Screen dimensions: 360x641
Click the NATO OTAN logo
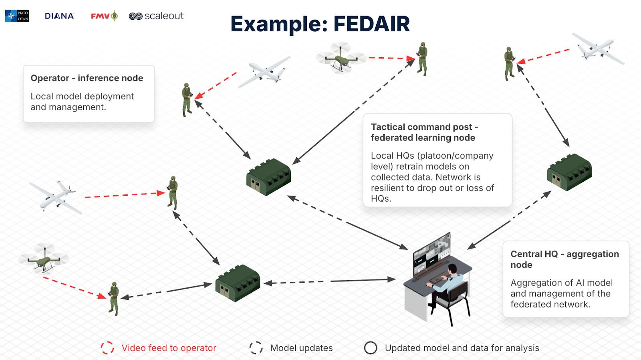[17, 16]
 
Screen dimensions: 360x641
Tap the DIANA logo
[59, 16]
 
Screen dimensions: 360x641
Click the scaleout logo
[156, 16]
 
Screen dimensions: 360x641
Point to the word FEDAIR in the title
[371, 24]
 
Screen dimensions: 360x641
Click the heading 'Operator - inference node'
[87, 78]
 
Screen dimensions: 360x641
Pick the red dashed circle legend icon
[107, 348]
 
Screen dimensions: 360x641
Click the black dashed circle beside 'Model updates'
[256, 348]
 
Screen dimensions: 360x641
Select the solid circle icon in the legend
[371, 348]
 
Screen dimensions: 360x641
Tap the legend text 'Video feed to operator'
[169, 348]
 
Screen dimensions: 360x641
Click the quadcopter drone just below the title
[341, 58]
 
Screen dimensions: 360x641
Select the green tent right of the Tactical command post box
[569, 172]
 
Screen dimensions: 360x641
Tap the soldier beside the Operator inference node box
[187, 99]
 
